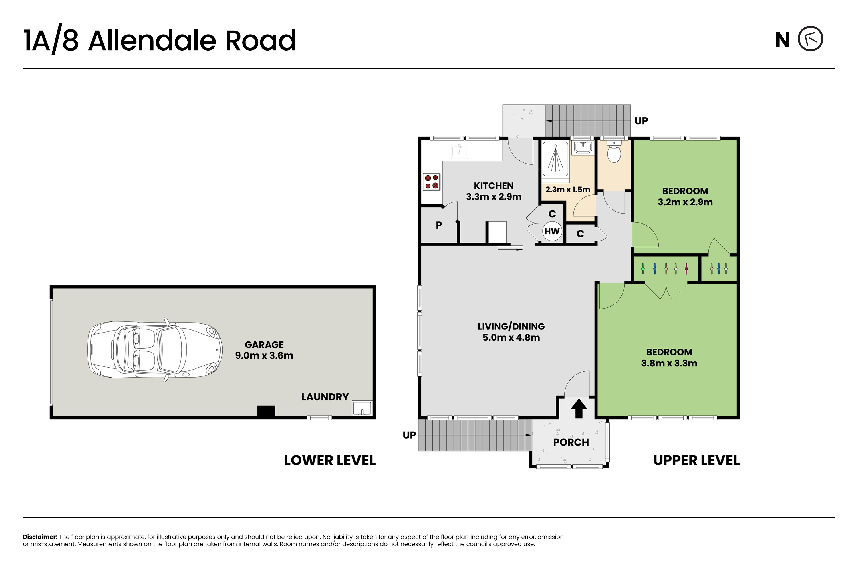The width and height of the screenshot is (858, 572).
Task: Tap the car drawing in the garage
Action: coord(155,350)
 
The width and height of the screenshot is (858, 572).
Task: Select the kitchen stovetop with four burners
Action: coord(432,182)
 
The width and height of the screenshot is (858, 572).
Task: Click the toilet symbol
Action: coord(614,152)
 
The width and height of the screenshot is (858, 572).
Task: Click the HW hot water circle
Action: coord(552,231)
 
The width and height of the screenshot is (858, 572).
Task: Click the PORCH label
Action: coord(571,442)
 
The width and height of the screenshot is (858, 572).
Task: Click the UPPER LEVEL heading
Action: coord(696,461)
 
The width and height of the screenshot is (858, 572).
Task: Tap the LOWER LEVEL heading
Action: coord(330,461)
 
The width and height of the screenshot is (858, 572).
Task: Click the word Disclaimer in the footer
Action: coord(40,537)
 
